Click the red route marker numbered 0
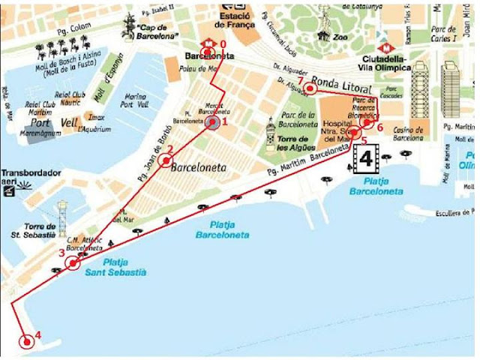[x=209, y=51]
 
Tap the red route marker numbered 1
[x=214, y=122]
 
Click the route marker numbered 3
[x=73, y=262]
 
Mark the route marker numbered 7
[x=309, y=88]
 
